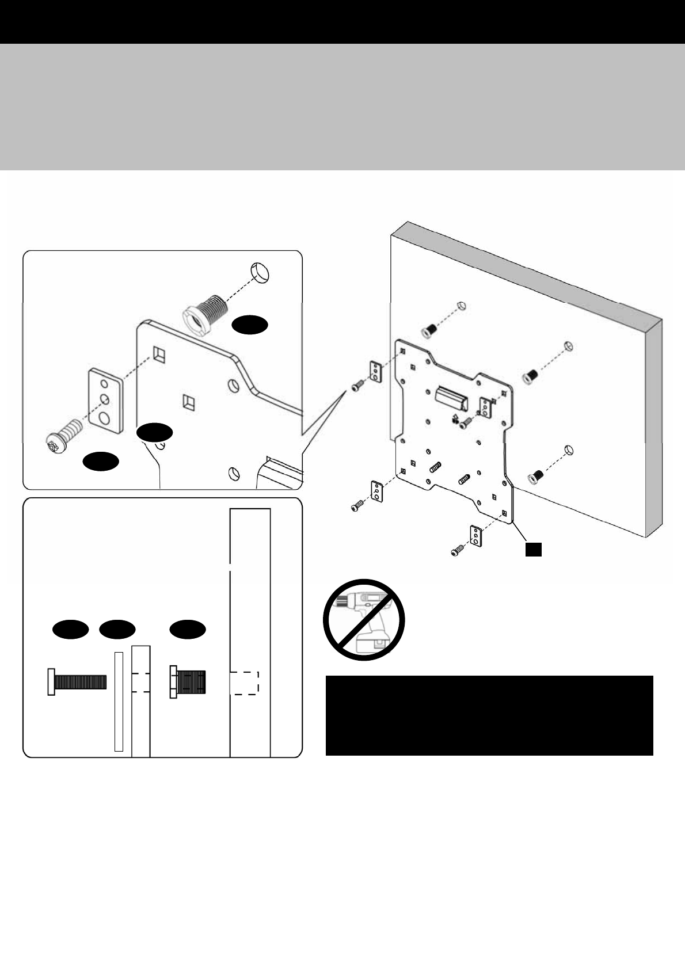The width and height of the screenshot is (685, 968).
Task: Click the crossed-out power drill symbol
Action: coord(364,620)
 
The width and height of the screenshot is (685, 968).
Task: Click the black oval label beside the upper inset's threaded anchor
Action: coord(250,325)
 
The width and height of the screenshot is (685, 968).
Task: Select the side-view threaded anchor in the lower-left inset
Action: coord(189,683)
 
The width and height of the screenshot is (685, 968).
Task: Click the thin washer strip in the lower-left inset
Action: coord(119,701)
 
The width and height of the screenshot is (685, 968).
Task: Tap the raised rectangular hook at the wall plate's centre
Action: coord(453,396)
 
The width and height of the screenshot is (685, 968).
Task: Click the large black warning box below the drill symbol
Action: coord(489,715)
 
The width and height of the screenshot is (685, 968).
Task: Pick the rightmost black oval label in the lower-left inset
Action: coord(188,630)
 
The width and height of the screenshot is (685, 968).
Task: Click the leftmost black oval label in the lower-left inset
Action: coord(71,630)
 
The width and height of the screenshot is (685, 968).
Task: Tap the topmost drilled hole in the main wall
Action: coord(460,305)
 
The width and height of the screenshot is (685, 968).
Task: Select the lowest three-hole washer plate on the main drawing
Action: coord(476,535)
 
